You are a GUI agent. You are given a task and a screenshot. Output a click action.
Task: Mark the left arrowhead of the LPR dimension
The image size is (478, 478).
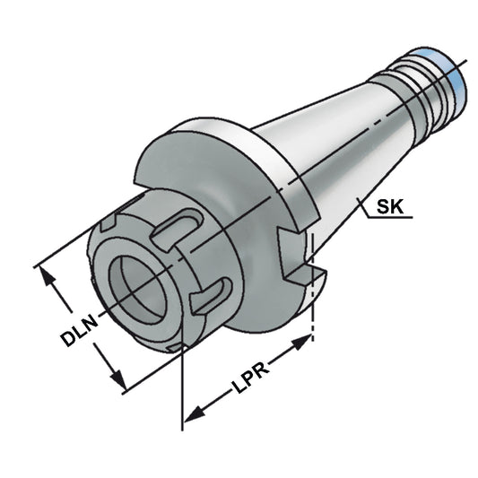click(x=191, y=413)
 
